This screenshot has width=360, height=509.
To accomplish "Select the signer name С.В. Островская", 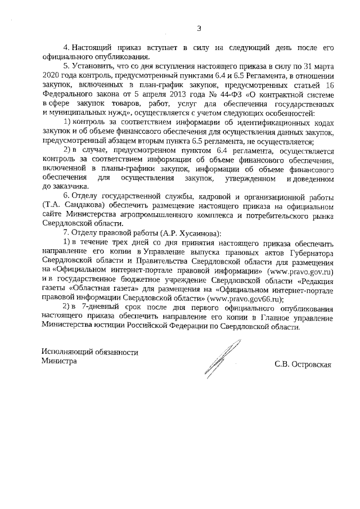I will coord(303,364).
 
